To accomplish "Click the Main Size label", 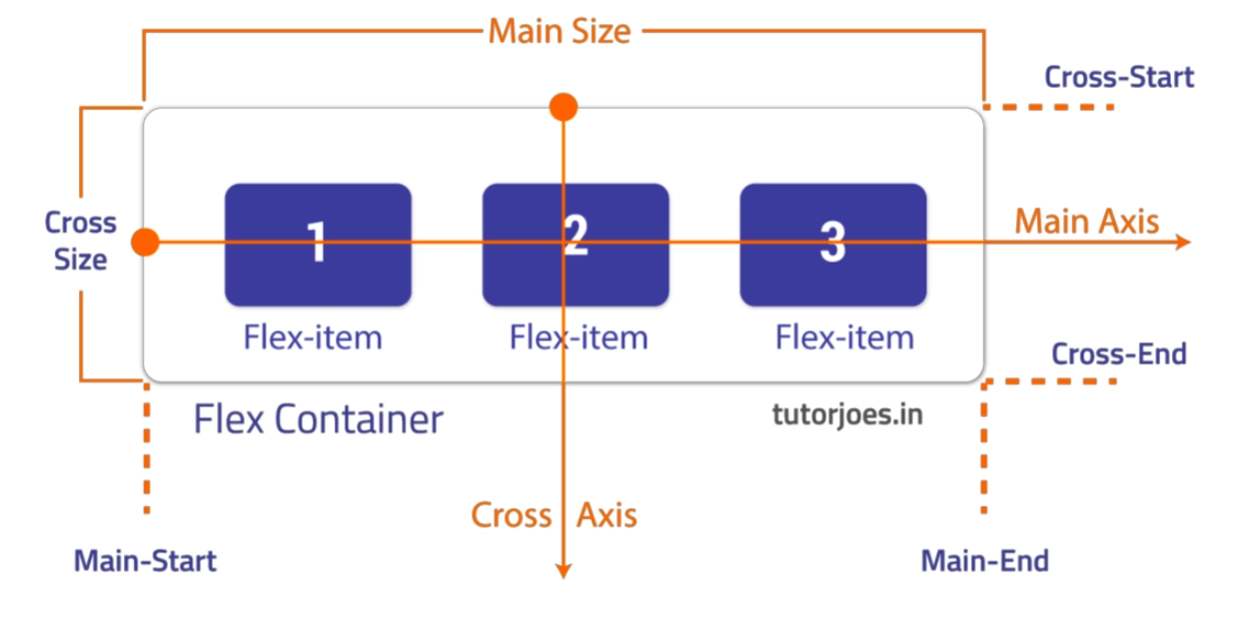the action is click(x=560, y=31).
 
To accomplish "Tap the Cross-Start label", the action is click(x=1119, y=77).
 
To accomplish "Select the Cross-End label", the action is click(x=1118, y=353).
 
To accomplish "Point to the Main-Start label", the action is click(x=145, y=561).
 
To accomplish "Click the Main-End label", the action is click(x=985, y=561).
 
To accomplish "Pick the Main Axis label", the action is click(x=1086, y=222).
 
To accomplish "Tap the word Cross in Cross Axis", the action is click(x=511, y=515).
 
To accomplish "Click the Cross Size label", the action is click(x=80, y=241).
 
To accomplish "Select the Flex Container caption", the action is click(x=318, y=419).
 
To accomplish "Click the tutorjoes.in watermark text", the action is click(x=847, y=415).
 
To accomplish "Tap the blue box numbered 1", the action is click(x=318, y=245).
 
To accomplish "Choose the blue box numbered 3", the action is click(x=833, y=245).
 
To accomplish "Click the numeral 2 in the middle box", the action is click(x=576, y=235).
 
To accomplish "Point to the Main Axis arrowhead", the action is click(x=1183, y=242).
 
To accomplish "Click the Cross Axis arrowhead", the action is click(x=564, y=571).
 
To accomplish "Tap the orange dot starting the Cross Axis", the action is click(x=564, y=107).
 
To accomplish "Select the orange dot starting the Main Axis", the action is click(x=145, y=242).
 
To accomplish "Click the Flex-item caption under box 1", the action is click(x=313, y=336).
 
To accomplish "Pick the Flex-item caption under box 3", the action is click(x=844, y=336).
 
